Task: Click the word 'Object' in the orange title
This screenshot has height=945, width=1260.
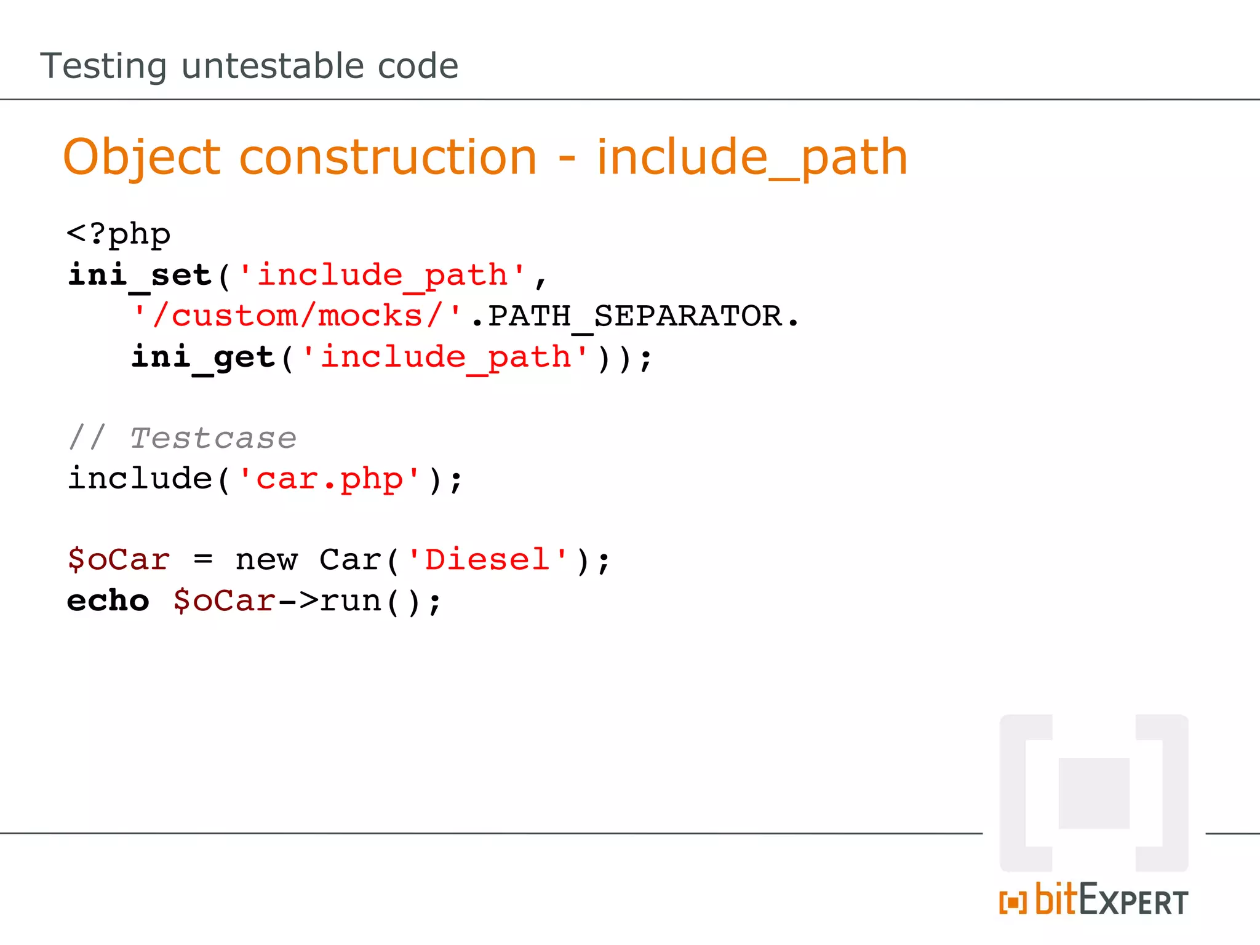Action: (142, 157)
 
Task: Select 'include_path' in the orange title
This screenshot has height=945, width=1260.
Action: (752, 157)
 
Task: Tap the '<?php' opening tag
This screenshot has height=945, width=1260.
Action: (118, 234)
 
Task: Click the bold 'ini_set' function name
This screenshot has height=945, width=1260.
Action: (140, 275)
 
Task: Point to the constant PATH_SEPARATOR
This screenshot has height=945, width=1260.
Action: (635, 316)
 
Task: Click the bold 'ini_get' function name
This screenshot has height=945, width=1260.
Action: (203, 357)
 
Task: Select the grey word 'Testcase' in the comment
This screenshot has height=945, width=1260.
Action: (213, 439)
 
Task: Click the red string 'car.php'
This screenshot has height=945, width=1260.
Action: (329, 479)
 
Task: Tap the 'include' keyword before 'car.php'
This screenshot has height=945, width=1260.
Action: (140, 479)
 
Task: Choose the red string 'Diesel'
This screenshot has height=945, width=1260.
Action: (487, 560)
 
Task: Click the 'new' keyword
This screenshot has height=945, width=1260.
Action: (266, 560)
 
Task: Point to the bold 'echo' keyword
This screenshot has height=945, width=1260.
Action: (108, 601)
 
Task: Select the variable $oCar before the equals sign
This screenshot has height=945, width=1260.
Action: (118, 560)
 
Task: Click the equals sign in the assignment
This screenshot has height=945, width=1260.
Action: (203, 560)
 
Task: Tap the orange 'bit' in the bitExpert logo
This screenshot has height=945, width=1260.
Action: (1056, 899)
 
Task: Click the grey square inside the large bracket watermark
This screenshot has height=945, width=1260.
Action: (1094, 794)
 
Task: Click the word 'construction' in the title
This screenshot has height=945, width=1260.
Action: (388, 157)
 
